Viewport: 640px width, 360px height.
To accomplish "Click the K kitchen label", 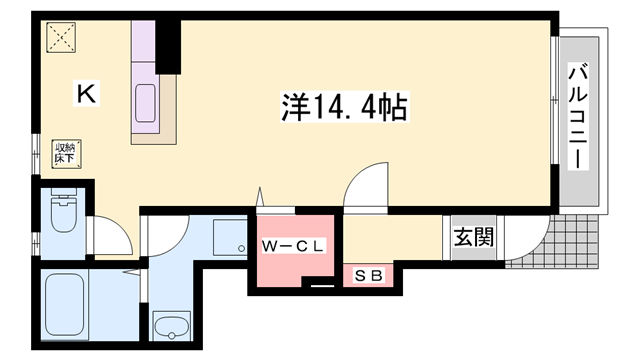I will [87, 95].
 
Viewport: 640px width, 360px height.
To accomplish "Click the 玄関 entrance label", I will [473, 240].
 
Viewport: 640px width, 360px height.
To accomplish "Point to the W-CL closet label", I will [289, 245].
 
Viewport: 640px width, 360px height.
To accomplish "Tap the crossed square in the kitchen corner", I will [61, 40].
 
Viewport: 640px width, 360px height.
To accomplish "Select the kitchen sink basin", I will [147, 105].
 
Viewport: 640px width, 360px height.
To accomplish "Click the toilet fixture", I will [63, 212].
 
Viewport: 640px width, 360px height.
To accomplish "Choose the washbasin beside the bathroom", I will [172, 326].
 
